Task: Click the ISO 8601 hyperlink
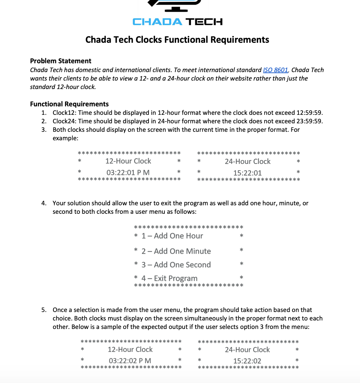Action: pos(275,70)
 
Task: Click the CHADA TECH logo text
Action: pos(178,22)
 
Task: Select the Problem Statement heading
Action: pos(60,61)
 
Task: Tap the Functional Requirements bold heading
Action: pos(69,104)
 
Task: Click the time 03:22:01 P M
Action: pos(128,172)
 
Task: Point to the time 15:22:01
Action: pos(248,173)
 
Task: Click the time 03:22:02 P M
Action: pos(130,361)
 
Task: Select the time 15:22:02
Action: pos(247,361)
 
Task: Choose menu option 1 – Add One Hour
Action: pos(172,236)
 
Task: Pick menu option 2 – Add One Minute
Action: pos(176,251)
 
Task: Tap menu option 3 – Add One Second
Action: pos(176,265)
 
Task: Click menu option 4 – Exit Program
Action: pos(169,278)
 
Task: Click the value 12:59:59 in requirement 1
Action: pos(308,113)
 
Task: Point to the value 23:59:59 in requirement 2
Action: pos(308,121)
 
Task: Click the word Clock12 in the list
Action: pos(64,113)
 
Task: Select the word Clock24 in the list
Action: pos(64,121)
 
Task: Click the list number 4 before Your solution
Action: pos(43,203)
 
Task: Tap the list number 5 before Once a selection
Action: pos(43,310)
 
